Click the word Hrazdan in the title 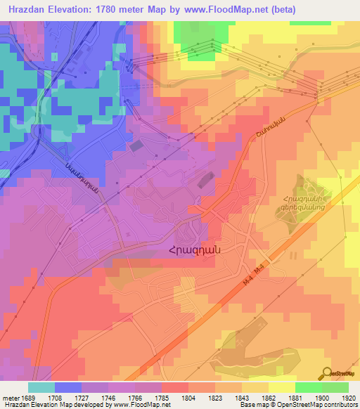coord(31,10)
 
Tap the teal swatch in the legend coord(41,387)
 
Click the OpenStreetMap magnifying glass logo coord(326,374)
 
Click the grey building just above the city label coord(205,181)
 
